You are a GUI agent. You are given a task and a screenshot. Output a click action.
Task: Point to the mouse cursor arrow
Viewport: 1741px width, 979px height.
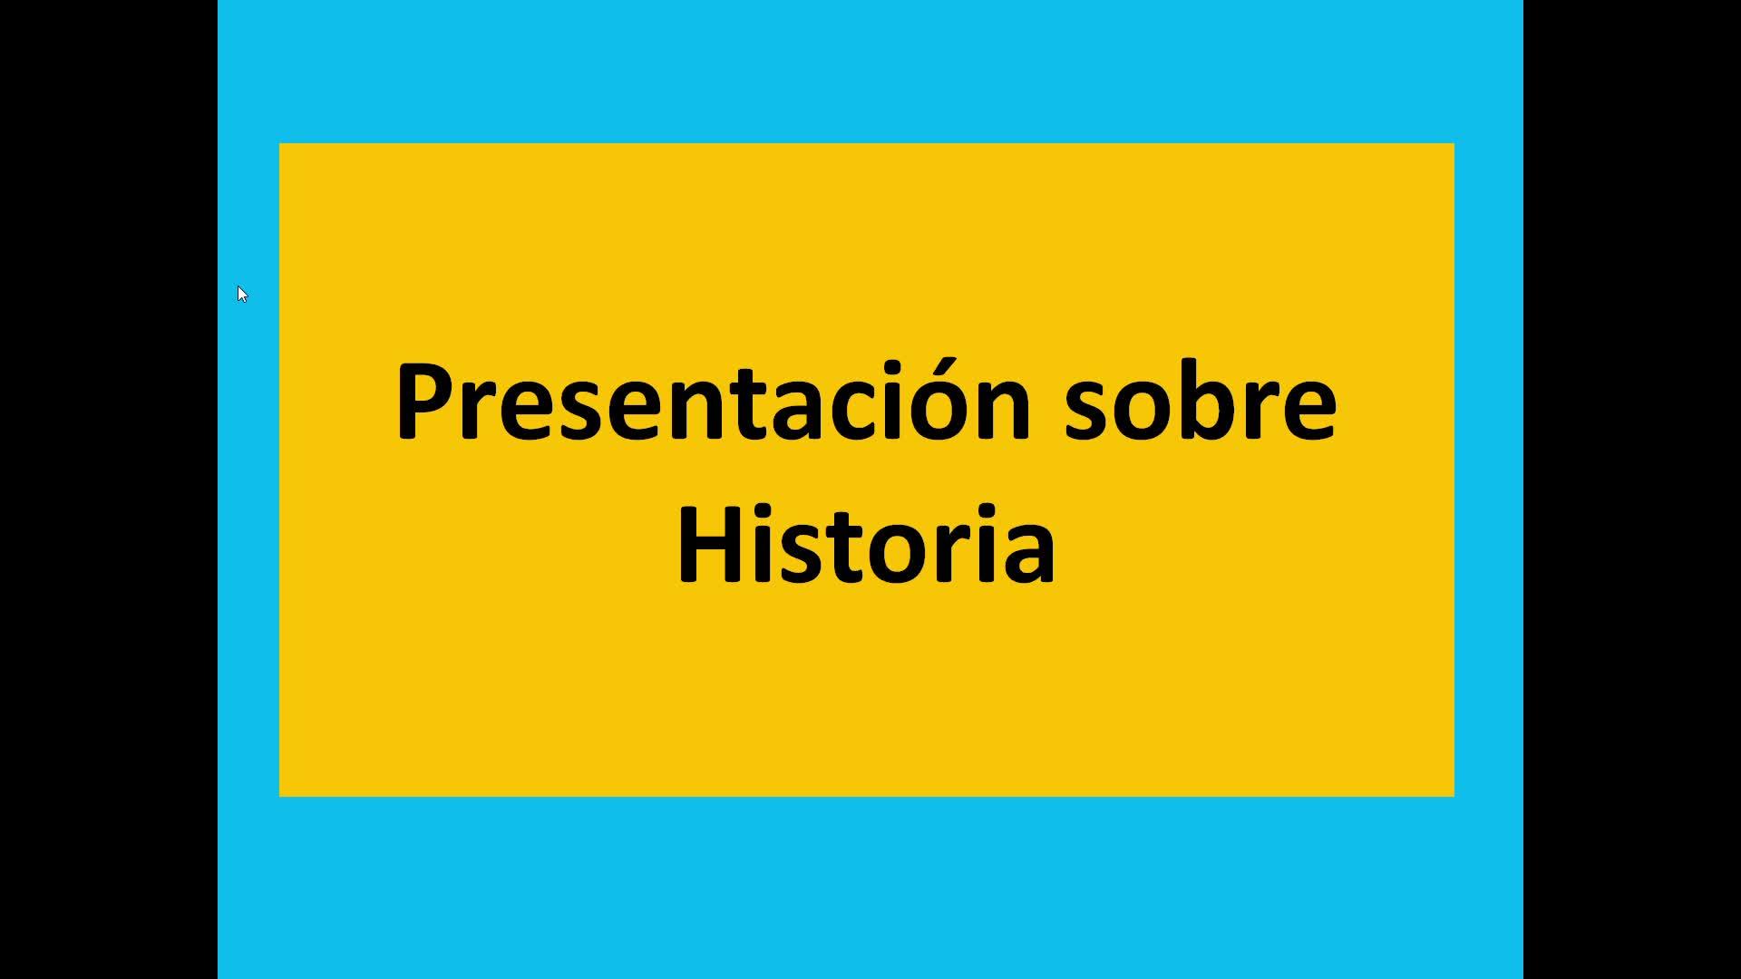(242, 294)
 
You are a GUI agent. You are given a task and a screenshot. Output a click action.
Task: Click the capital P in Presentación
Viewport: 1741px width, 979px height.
(426, 402)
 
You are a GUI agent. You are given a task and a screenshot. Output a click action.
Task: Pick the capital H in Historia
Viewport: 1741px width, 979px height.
(711, 545)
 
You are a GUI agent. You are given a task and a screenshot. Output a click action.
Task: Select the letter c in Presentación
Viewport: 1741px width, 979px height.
(816, 412)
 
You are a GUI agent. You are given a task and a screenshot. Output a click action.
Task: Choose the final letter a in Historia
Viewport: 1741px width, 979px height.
(1029, 556)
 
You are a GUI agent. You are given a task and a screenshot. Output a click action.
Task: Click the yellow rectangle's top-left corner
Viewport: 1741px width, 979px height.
(279, 143)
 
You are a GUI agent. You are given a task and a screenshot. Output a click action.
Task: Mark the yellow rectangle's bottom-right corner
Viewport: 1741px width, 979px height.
(1454, 797)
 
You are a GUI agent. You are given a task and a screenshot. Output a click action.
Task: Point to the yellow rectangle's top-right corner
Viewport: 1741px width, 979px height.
(1454, 143)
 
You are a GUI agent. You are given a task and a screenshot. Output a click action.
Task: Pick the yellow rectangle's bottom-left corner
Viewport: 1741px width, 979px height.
(279, 797)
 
